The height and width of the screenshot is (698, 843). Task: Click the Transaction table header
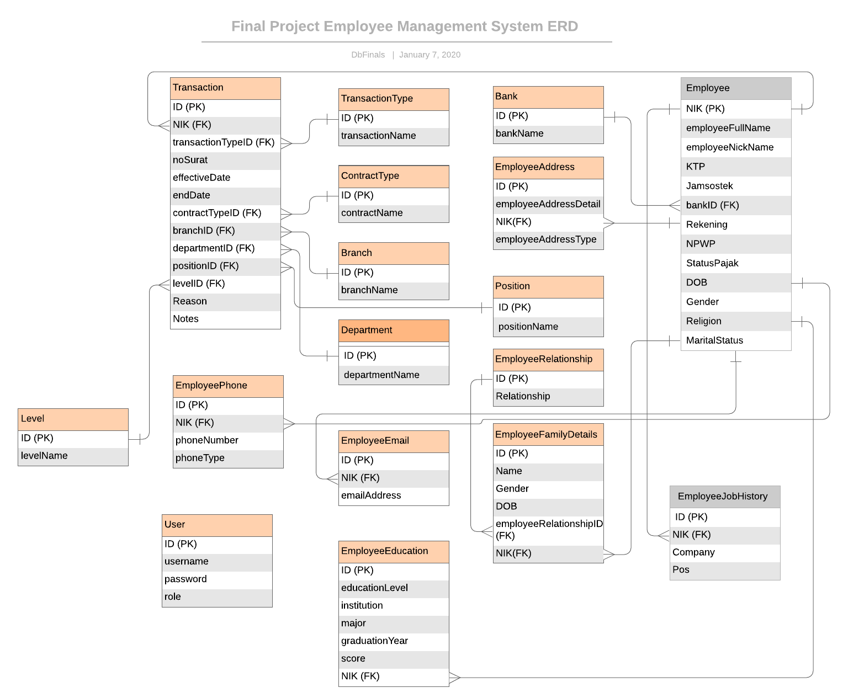point(225,88)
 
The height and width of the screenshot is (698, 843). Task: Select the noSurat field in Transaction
point(225,160)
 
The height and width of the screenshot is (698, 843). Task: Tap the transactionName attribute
point(394,136)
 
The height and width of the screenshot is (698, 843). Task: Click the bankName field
point(548,134)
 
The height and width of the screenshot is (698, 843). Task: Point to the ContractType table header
point(394,177)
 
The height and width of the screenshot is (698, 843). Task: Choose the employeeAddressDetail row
point(548,204)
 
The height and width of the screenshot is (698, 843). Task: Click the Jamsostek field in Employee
point(736,186)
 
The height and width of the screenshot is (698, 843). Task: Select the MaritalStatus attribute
point(736,340)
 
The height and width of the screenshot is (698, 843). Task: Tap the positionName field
point(548,327)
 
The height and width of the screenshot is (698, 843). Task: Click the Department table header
point(394,331)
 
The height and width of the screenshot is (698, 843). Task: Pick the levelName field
point(73,456)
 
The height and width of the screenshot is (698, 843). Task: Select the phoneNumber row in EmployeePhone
point(228,440)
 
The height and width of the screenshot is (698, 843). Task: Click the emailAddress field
point(394,495)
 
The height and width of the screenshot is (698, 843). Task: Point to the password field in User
point(217,579)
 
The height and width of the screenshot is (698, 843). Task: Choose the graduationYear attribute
point(394,641)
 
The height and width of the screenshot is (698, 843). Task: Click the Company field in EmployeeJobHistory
point(725,552)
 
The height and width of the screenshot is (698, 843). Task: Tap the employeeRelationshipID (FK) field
point(548,530)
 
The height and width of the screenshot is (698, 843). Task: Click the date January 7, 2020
point(430,55)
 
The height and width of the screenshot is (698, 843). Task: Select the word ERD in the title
point(563,26)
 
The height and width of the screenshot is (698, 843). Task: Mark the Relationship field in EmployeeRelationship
point(548,396)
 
